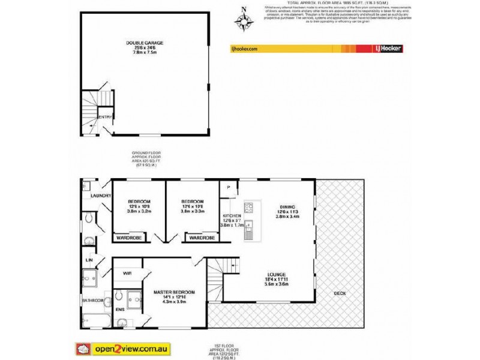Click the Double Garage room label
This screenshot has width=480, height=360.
click(x=144, y=43)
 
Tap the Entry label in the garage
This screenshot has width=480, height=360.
click(x=104, y=117)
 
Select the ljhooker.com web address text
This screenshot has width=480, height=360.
click(x=244, y=49)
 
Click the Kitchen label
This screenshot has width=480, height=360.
click(x=232, y=215)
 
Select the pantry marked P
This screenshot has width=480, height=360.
click(x=229, y=187)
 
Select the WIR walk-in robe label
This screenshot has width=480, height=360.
click(x=127, y=273)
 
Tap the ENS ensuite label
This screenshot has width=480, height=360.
click(x=120, y=310)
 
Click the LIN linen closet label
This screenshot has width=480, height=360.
click(x=89, y=260)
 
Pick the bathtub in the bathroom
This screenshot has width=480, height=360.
click(x=96, y=320)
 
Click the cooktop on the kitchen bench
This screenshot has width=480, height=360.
click(x=250, y=209)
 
